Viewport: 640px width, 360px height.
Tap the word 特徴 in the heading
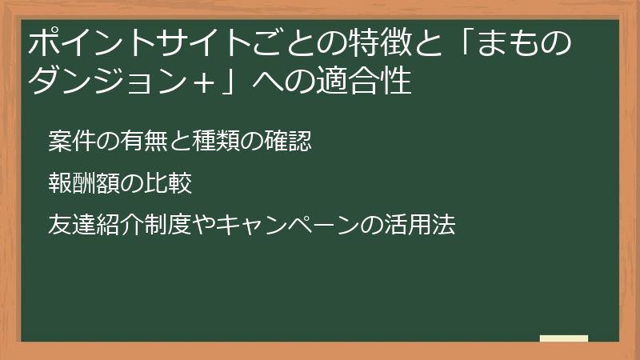click(367, 44)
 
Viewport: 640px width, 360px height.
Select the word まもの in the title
click(532, 44)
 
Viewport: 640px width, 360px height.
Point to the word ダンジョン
click(108, 82)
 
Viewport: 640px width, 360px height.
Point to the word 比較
click(167, 182)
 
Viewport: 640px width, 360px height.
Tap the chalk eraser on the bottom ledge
click(564, 338)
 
